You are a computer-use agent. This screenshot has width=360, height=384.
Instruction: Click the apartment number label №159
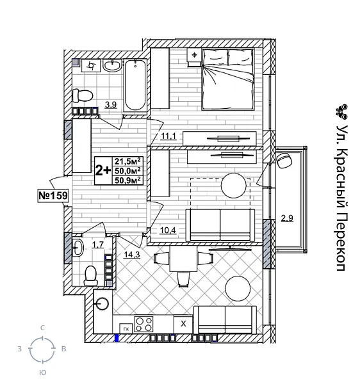tap(53, 195)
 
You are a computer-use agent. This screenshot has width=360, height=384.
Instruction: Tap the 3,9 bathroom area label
tap(111, 105)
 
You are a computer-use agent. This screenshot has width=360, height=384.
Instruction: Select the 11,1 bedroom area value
tap(168, 136)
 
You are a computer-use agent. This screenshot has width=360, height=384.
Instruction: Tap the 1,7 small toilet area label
tap(97, 244)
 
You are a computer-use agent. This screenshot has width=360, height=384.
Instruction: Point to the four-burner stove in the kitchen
tap(143, 323)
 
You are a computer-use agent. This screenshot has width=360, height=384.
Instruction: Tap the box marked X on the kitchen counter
tap(183, 324)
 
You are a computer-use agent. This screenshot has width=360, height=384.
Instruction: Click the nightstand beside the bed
tap(194, 56)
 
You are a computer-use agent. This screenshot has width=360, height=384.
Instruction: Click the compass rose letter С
tap(42, 328)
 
